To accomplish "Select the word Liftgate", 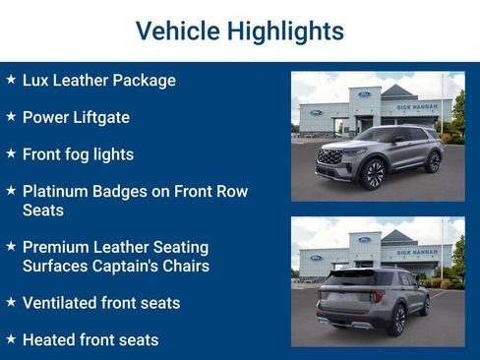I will pos(103,117).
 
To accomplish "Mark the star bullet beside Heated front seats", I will pos(11,339).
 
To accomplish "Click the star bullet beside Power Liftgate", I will pos(11,116).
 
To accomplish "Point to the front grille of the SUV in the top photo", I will pos(327,157).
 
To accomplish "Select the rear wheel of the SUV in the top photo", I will pos(432,161).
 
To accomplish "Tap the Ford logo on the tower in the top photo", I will pos(364,94).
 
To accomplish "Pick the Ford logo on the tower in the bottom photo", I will pos(364,239).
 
